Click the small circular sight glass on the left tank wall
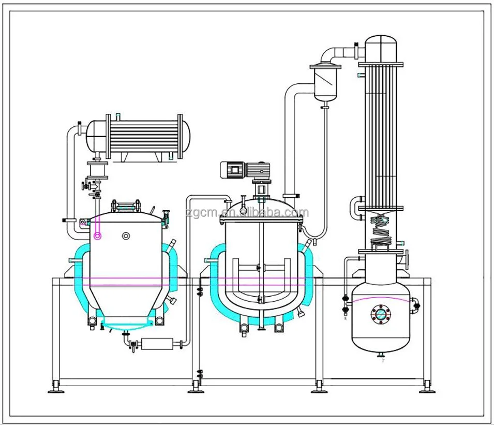(x=126, y=236)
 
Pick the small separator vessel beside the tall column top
(x=325, y=83)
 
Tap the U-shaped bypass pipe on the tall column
(x=356, y=208)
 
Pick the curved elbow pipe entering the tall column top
(x=334, y=52)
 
